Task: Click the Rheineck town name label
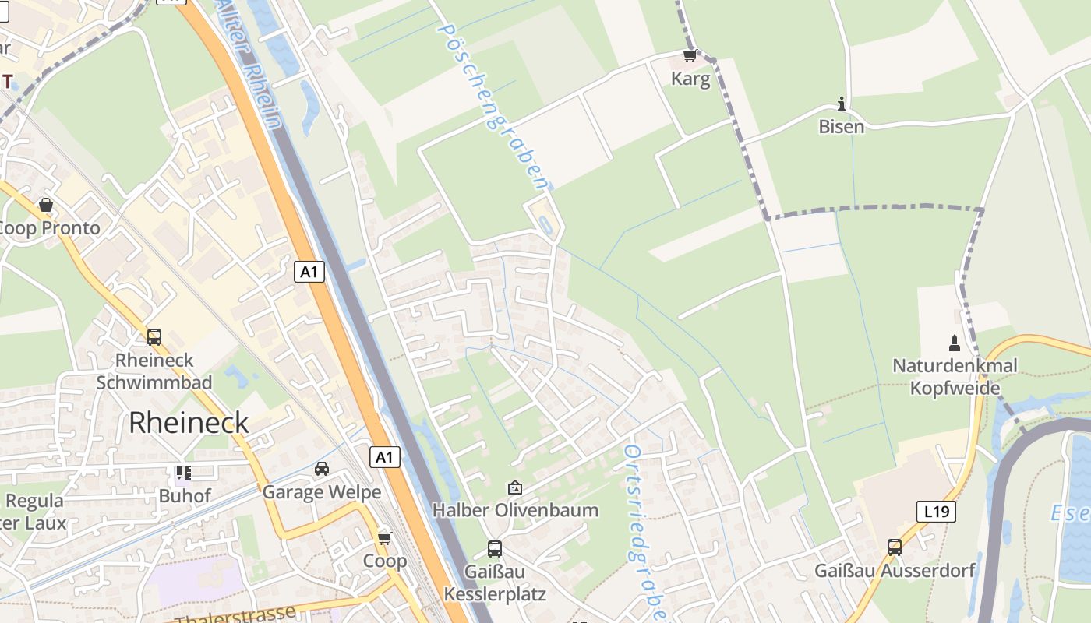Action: pos(189,422)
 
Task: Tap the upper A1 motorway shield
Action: pos(309,272)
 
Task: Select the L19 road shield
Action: pos(935,512)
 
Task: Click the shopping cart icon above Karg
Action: pos(689,56)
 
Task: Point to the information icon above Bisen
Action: pos(841,104)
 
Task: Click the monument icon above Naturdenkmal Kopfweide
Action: pos(955,343)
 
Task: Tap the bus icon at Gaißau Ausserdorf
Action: pos(894,547)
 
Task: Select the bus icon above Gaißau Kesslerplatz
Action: pos(494,548)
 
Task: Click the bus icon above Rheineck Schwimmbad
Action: pos(154,337)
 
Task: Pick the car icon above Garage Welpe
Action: pos(321,469)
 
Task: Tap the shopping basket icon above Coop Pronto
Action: pos(46,205)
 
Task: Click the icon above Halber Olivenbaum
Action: pos(514,487)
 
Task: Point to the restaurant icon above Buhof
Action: pos(184,473)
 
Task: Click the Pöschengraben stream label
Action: pos(493,105)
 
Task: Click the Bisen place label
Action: pos(841,126)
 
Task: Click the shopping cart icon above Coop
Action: pos(384,538)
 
